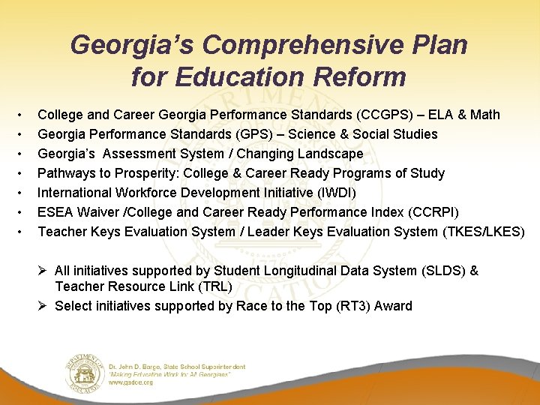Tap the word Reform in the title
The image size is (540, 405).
click(355, 76)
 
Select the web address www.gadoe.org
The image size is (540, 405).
click(132, 382)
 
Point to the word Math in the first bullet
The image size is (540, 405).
click(484, 115)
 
